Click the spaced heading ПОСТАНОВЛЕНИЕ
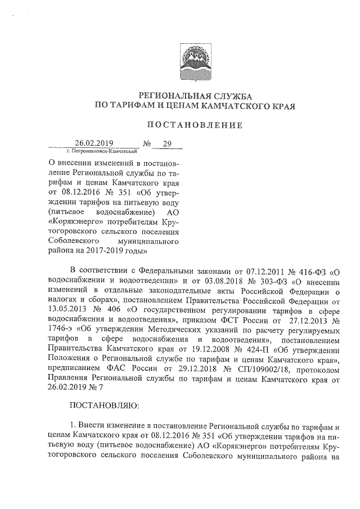[x=195, y=125]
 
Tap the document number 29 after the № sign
[x=166, y=143]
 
